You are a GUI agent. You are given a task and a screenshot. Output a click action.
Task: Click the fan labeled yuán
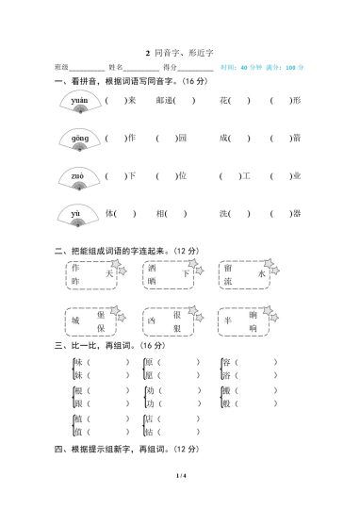click(x=78, y=102)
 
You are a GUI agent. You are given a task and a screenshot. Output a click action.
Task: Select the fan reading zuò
click(x=78, y=177)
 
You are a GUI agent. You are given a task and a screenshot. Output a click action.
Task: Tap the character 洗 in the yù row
click(x=224, y=213)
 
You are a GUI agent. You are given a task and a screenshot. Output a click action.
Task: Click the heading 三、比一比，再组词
click(x=102, y=346)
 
